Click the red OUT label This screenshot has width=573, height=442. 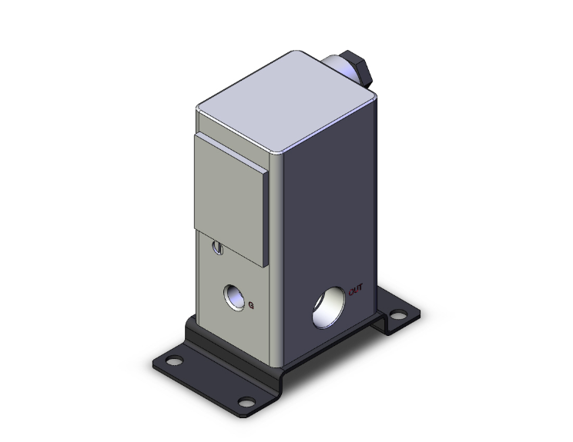[356, 290]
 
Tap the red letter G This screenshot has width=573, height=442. [251, 305]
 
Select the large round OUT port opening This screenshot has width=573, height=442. [329, 307]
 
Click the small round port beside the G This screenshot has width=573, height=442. [234, 297]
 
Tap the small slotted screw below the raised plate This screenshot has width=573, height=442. [217, 248]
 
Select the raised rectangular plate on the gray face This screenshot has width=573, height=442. [231, 199]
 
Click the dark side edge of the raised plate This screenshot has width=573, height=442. [266, 219]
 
